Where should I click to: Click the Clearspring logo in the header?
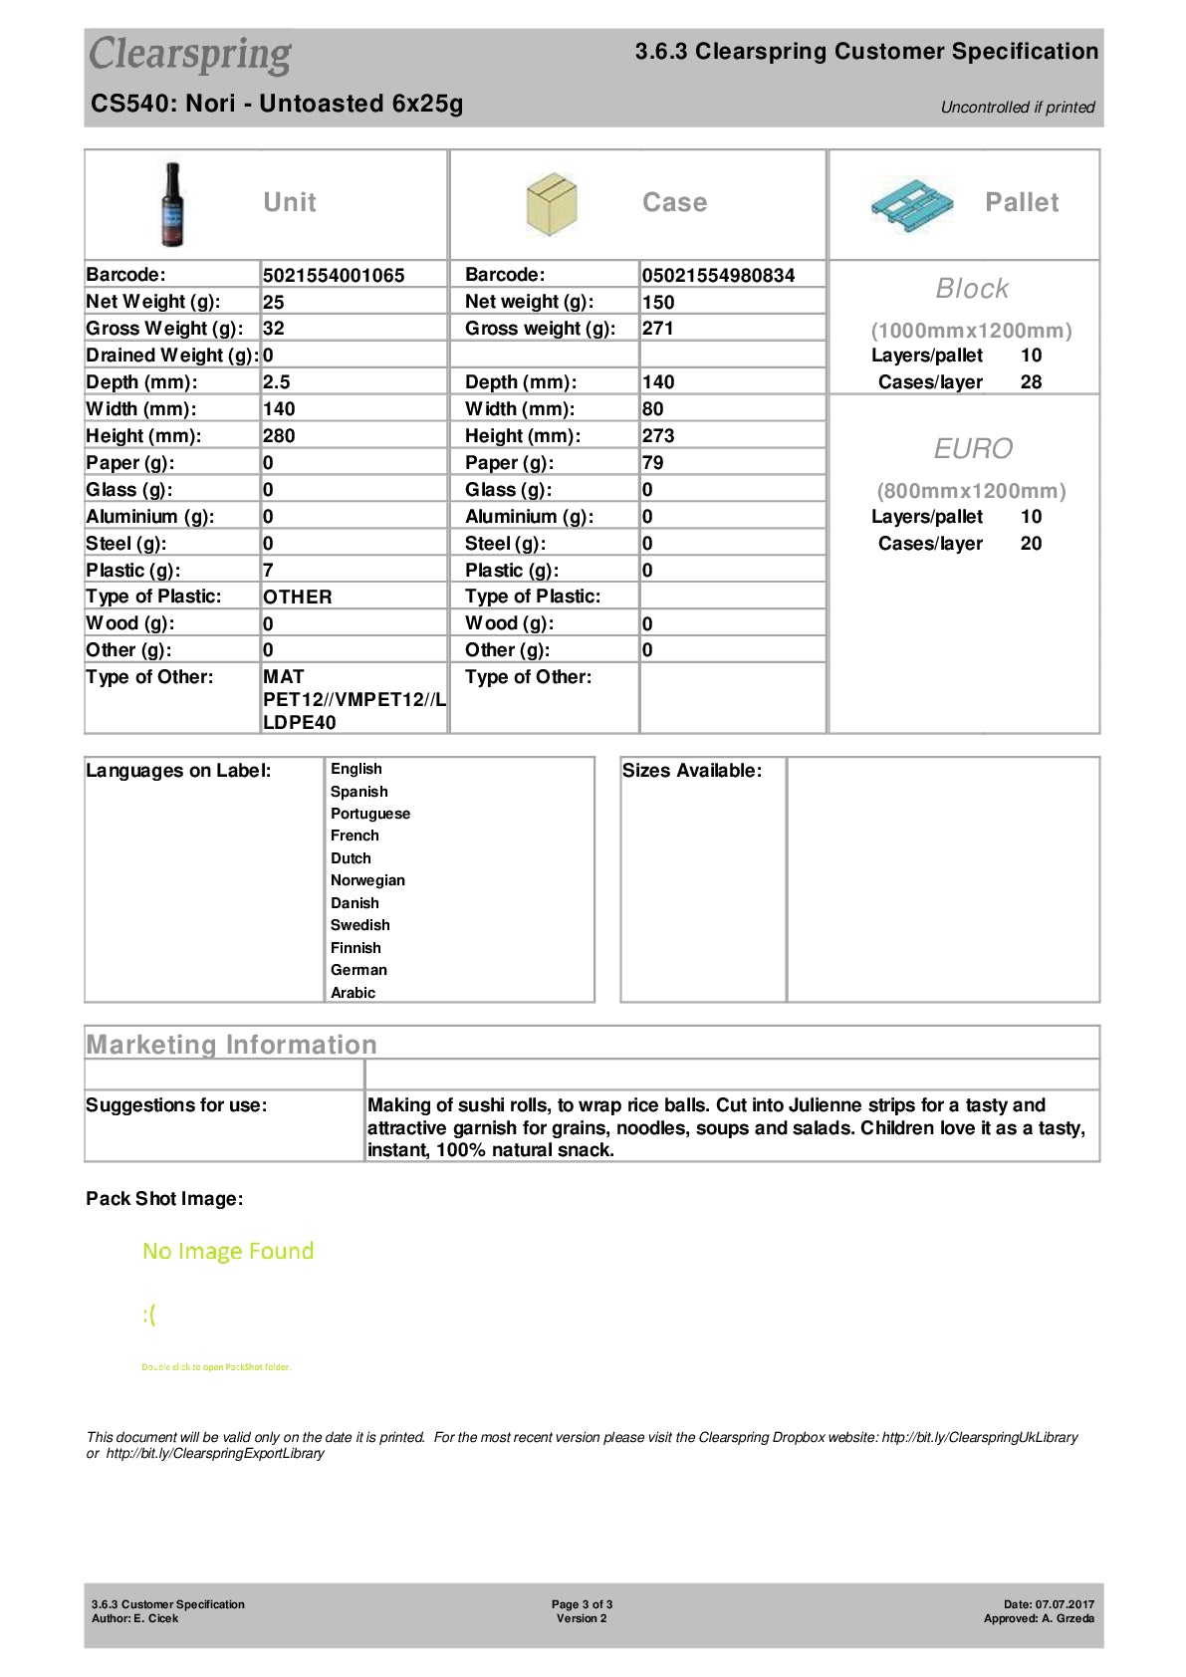coord(190,55)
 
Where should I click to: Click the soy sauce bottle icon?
coord(173,204)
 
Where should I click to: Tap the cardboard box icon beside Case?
coord(551,204)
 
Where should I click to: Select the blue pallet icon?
coord(910,204)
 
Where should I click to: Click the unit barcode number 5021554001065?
coord(334,276)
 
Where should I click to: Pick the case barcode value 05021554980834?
coord(718,276)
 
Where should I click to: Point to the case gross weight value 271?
coord(658,329)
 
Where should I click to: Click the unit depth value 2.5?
coord(277,382)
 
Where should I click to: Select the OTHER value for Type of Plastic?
coord(298,598)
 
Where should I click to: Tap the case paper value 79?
coord(653,463)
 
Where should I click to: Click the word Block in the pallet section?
coord(972,289)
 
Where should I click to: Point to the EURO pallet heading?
coord(973,449)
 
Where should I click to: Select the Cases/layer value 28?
coord(1031,382)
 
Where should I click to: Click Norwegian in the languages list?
coord(367,880)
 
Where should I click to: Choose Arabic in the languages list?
coord(353,993)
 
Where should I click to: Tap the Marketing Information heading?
coord(232,1045)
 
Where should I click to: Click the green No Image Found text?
coord(228,1251)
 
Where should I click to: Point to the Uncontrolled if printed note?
coord(1018,108)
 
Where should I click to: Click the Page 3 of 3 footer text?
coord(583,1604)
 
